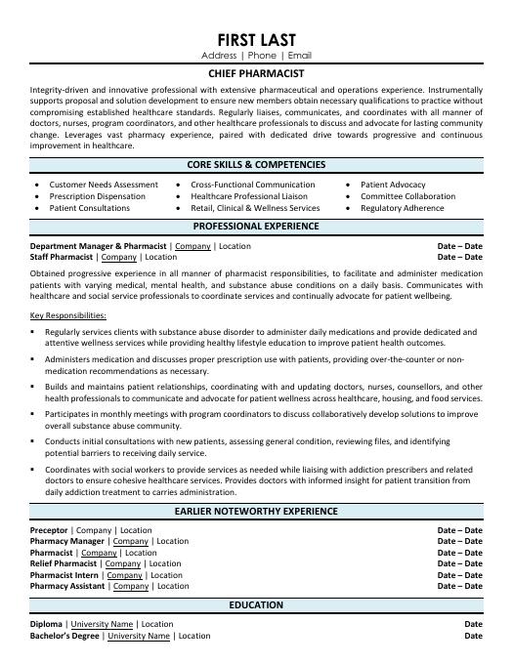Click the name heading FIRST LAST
256,39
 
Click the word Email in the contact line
300,57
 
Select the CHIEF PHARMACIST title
256,73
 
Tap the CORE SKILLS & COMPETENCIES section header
256,165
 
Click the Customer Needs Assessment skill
103,185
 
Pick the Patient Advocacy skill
393,185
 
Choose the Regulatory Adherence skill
403,208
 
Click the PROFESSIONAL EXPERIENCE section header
256,227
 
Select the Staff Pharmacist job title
62,257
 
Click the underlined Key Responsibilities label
68,315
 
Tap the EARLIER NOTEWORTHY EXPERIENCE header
256,512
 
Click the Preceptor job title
49,530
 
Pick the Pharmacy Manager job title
66,541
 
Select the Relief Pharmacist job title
64,563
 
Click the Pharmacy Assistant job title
69,586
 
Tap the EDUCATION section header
256,605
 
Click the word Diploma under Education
47,624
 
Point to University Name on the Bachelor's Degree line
139,636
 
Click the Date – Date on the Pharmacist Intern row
459,575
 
